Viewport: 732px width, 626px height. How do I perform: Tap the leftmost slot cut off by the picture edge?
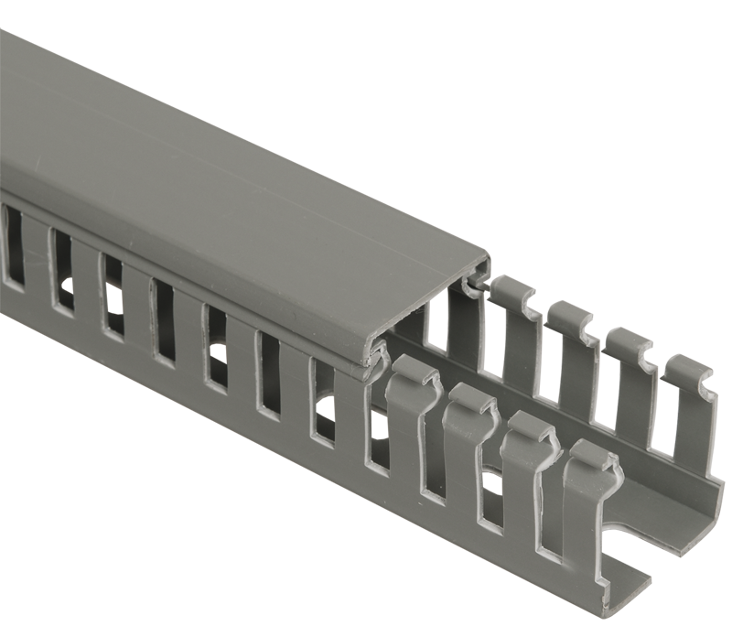click(x=13, y=247)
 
